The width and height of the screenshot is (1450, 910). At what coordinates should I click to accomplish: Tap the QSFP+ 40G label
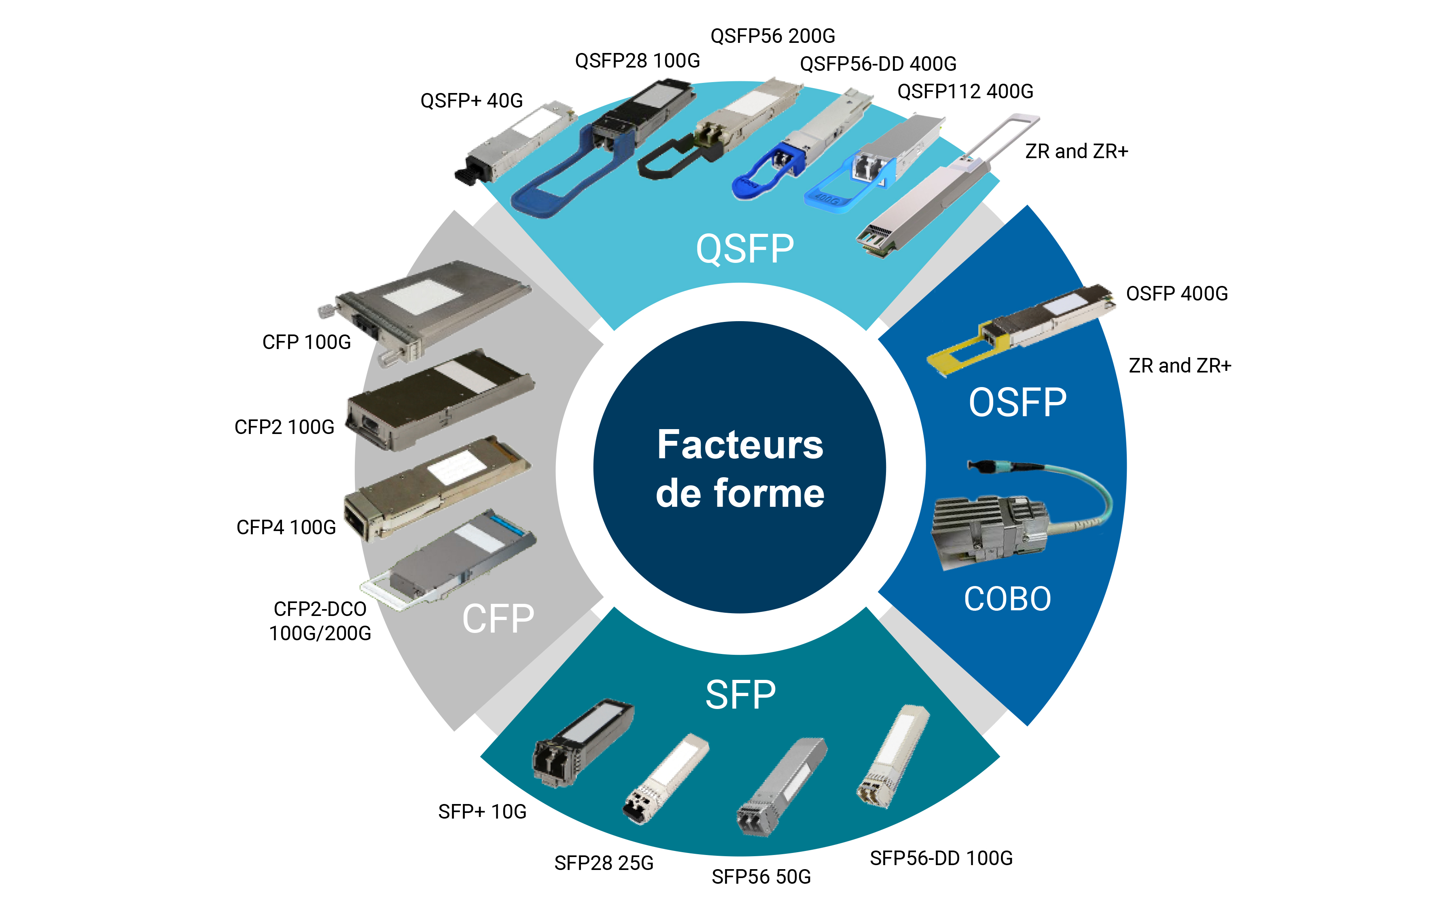pyautogui.click(x=471, y=101)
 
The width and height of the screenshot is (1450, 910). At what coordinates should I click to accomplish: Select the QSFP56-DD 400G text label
pyautogui.click(x=878, y=64)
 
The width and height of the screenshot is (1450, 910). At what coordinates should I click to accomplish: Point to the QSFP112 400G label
pyautogui.click(x=965, y=91)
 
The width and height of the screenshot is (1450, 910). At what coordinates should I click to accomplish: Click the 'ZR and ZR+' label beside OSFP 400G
pyautogui.click(x=1179, y=365)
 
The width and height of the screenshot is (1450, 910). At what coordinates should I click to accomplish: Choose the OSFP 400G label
pyautogui.click(x=1177, y=294)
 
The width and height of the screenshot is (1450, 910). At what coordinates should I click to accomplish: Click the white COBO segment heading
pyautogui.click(x=1008, y=599)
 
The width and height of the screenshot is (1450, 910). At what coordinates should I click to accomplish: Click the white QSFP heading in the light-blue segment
pyautogui.click(x=744, y=249)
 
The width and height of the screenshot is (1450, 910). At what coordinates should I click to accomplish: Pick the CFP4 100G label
pyautogui.click(x=286, y=527)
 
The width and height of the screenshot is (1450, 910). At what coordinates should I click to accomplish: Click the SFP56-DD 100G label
pyautogui.click(x=941, y=858)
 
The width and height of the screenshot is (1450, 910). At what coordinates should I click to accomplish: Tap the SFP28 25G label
pyautogui.click(x=604, y=863)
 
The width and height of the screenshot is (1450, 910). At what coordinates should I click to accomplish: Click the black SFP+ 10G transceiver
pyautogui.click(x=581, y=743)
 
